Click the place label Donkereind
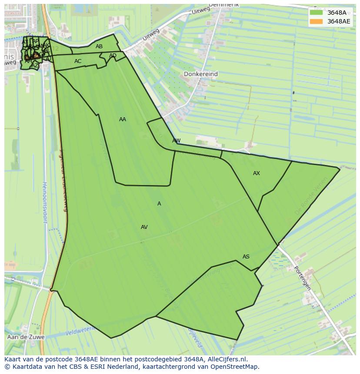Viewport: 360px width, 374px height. (x=200, y=74)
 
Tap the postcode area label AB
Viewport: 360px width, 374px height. (x=99, y=46)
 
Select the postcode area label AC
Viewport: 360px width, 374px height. (x=78, y=61)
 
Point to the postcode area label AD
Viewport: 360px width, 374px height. (x=113, y=56)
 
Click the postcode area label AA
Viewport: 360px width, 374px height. (x=123, y=119)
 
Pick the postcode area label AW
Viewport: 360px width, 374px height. (x=176, y=141)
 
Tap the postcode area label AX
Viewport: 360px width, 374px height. (x=257, y=173)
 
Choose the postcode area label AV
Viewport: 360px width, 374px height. (x=144, y=227)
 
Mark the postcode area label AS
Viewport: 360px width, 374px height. (x=246, y=257)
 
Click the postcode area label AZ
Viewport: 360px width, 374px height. (x=34, y=66)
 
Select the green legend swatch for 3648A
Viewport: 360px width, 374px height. (x=317, y=12)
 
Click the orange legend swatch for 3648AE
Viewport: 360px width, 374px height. (x=317, y=21)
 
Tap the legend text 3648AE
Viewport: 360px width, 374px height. (x=339, y=21)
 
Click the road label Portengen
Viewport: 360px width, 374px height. (x=302, y=278)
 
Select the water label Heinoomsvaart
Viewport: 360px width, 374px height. (x=44, y=202)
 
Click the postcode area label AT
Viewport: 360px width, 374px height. (x=25, y=42)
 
